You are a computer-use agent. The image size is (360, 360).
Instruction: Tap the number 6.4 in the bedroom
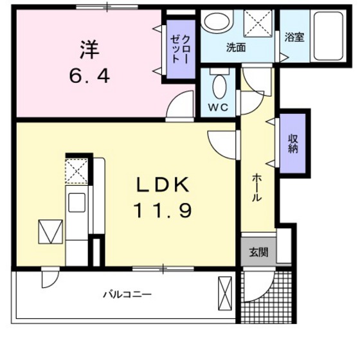point(89,75)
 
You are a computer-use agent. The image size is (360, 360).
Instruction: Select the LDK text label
point(163,184)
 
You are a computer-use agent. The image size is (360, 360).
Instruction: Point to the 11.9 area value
point(163,210)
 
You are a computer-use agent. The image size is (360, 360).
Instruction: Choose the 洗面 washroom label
point(235,48)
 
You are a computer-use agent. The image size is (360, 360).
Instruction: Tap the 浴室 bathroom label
point(295,37)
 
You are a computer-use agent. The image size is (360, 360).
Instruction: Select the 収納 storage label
point(293,143)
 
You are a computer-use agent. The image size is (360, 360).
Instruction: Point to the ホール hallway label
point(256,187)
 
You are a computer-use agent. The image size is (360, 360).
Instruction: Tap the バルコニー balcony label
point(128,295)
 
